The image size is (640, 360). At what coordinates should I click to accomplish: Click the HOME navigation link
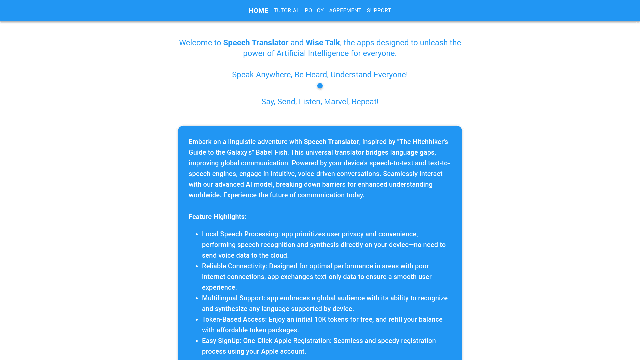(258, 11)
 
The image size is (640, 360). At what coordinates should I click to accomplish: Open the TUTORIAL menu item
(286, 11)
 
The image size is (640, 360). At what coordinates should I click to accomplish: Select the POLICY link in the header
(314, 11)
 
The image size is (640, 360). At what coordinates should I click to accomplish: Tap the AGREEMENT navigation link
(345, 11)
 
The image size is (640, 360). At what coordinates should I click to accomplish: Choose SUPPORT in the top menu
(379, 11)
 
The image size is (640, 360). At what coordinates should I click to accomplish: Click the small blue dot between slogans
(320, 86)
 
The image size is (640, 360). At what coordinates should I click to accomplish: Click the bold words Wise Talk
(323, 43)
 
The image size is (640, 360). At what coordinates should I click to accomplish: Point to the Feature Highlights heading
(217, 217)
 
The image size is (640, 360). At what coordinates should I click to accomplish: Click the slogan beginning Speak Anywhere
(320, 75)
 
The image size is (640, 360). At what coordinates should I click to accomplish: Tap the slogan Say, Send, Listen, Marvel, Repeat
(320, 102)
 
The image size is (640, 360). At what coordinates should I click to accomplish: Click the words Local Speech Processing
(240, 234)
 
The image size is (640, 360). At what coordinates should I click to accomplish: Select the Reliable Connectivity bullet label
(234, 266)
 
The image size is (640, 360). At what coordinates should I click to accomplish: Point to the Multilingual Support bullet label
(233, 298)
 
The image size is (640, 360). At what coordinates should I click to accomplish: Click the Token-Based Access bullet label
(234, 319)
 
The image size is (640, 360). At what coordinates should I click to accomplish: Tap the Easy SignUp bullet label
(221, 341)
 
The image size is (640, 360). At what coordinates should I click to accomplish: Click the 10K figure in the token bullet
(320, 319)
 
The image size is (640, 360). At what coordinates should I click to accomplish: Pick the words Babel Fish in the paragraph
(271, 152)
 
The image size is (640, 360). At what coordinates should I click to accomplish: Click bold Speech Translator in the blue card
(331, 142)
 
